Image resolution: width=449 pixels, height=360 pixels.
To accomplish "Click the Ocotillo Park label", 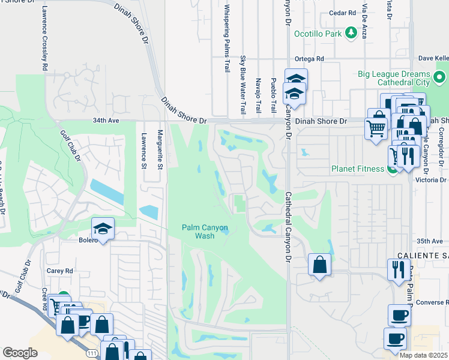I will coord(317,34).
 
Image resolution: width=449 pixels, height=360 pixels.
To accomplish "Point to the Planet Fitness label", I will coord(358,169).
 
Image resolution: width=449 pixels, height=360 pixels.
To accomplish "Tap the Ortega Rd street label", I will coord(309,59).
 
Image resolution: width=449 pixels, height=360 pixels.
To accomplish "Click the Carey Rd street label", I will coord(59,271).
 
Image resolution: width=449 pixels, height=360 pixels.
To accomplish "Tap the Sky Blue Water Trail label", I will coord(243,85).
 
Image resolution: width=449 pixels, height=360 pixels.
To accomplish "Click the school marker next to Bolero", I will coord(103,229).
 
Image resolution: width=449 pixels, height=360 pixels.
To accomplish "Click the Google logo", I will coord(19,353).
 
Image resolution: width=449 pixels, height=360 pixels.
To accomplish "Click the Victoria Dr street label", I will coord(435,179).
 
